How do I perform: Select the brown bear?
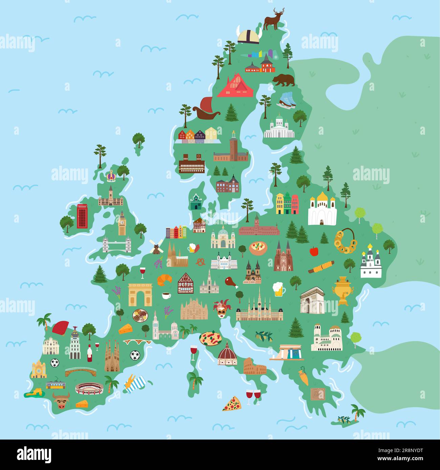(284, 80)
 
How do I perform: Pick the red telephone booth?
(82, 216)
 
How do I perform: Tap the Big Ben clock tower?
(122, 223)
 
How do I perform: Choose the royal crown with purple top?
(111, 176)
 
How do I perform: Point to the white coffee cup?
(166, 295)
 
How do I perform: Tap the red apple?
(314, 251)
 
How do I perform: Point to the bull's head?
(61, 401)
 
